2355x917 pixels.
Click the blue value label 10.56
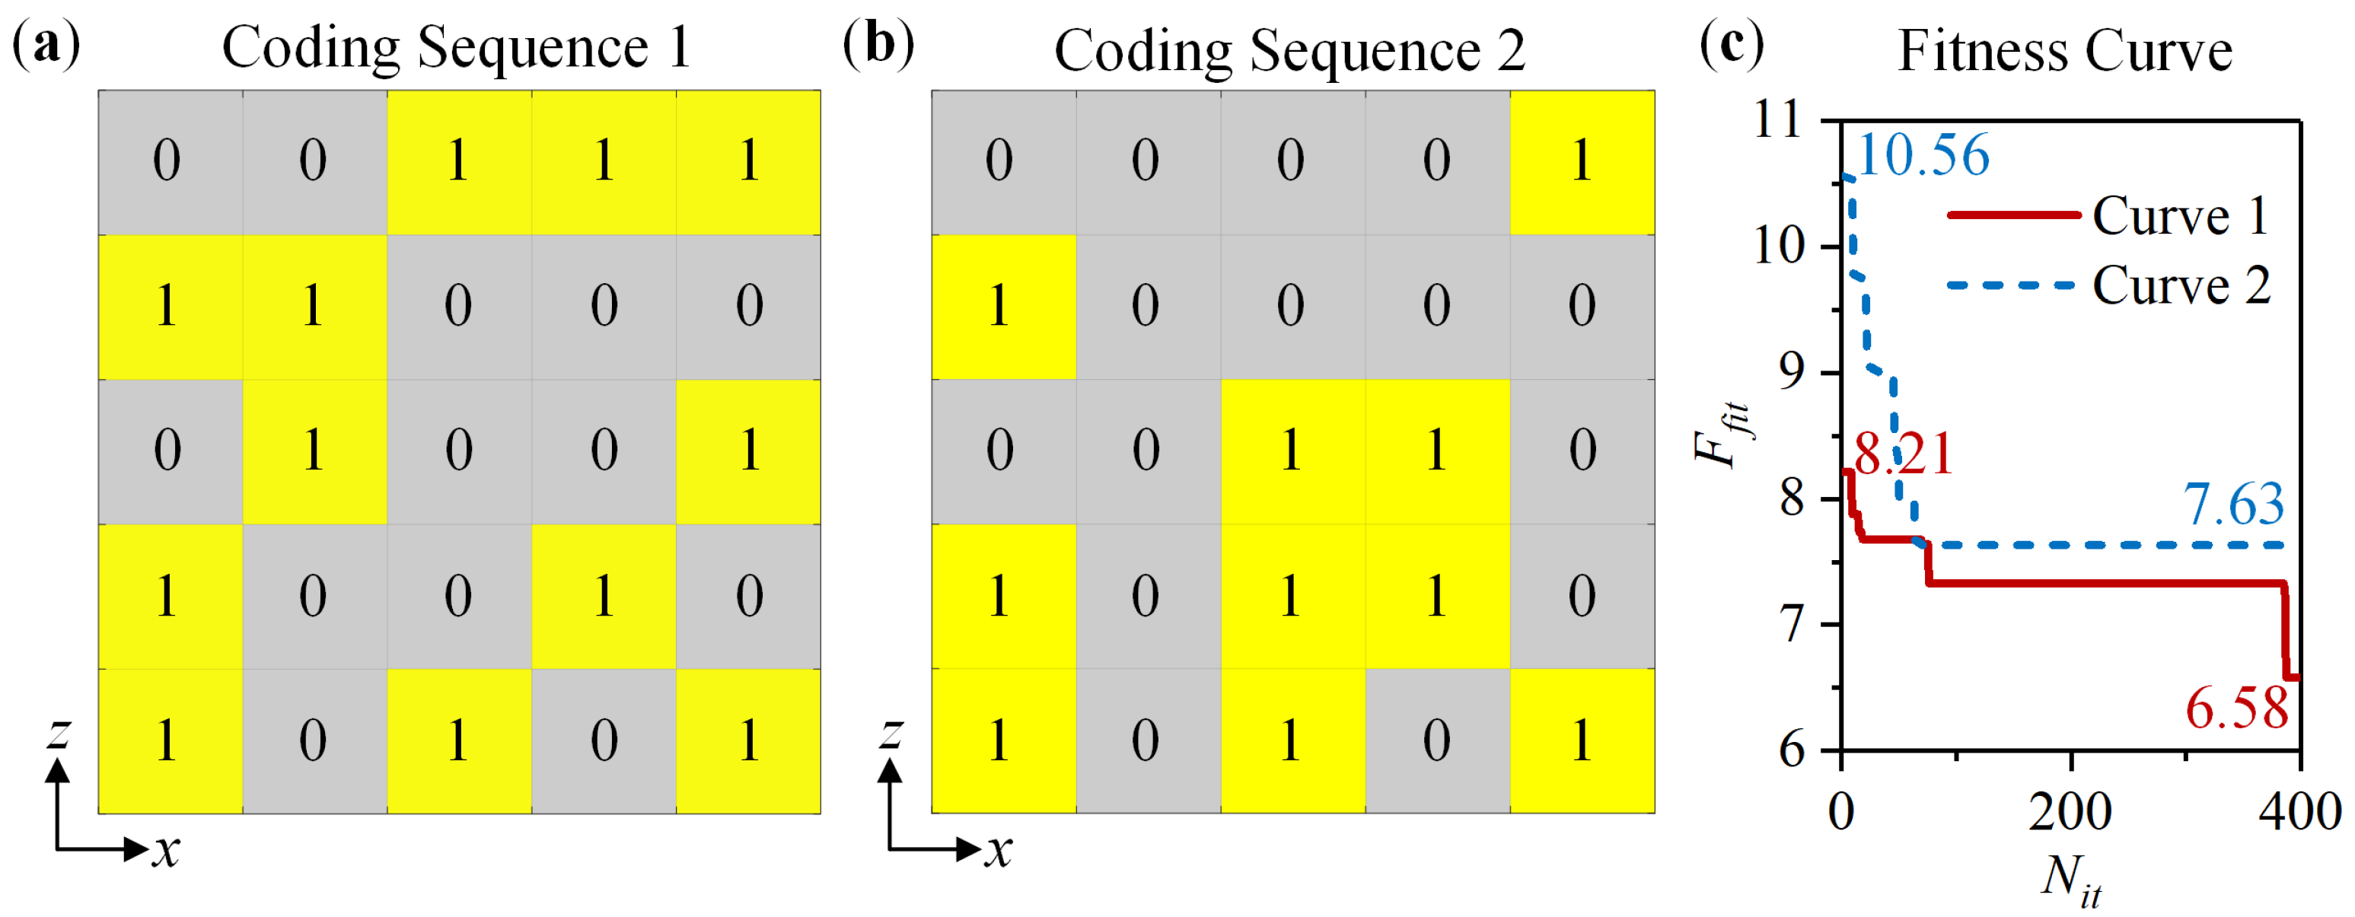click(1922, 155)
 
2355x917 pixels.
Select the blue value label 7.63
click(2232, 505)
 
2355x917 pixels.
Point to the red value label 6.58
click(2236, 708)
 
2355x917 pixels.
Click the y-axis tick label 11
click(1778, 119)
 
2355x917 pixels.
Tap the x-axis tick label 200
click(2070, 812)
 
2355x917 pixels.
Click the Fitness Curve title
click(2064, 50)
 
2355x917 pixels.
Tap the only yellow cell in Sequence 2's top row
click(1582, 162)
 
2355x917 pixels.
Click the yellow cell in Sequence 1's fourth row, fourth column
click(604, 596)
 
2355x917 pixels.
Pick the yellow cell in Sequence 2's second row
click(1003, 306)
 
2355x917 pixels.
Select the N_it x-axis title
click(2070, 880)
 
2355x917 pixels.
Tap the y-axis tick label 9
click(1792, 373)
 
